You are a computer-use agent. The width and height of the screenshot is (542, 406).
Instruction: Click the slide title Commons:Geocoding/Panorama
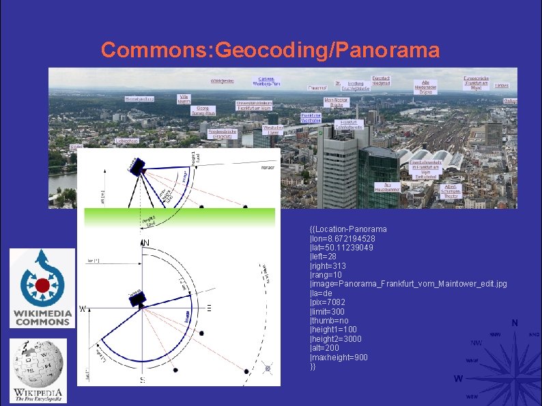[x=270, y=50]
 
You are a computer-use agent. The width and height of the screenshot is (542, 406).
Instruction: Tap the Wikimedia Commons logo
[x=42, y=289]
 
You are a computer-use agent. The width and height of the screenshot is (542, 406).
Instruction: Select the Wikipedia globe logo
[x=39, y=371]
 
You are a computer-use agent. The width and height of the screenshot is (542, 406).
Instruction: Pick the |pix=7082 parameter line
[x=328, y=302]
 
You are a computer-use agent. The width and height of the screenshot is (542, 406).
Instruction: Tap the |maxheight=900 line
[x=339, y=358]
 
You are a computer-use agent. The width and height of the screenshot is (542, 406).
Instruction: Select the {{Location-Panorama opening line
[x=348, y=229]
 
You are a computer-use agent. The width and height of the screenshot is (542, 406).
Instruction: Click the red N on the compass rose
[x=514, y=323]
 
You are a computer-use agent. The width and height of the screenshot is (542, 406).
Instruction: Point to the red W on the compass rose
[x=459, y=379]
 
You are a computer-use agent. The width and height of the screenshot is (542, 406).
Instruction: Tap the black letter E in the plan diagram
[x=209, y=308]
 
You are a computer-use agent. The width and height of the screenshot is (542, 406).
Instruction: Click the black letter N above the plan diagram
[x=145, y=243]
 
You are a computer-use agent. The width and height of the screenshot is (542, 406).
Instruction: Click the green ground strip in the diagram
[x=179, y=218]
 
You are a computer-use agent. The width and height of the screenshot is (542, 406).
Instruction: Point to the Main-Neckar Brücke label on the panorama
[x=336, y=102]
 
